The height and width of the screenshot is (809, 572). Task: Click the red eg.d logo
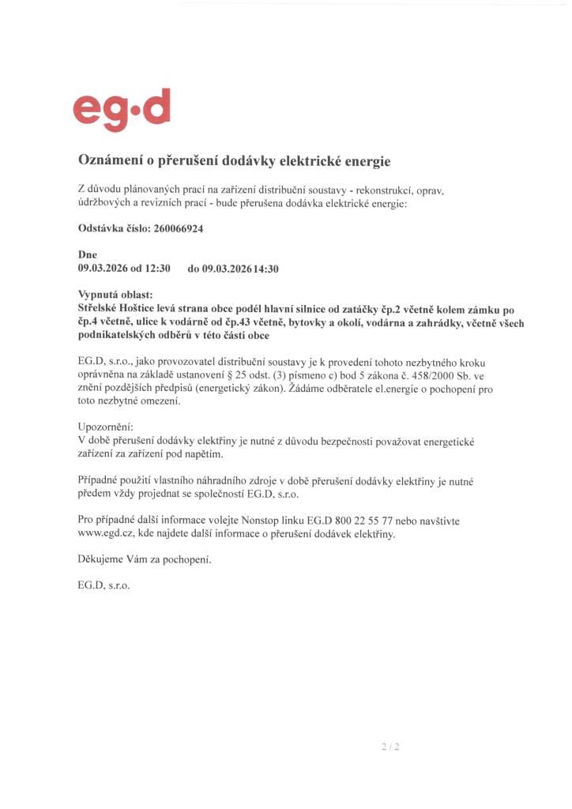121,110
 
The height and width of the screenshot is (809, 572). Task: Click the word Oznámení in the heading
107,160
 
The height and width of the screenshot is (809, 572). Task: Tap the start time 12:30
157,269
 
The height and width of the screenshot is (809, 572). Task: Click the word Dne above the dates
88,255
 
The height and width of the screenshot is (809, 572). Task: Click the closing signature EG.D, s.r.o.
104,587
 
